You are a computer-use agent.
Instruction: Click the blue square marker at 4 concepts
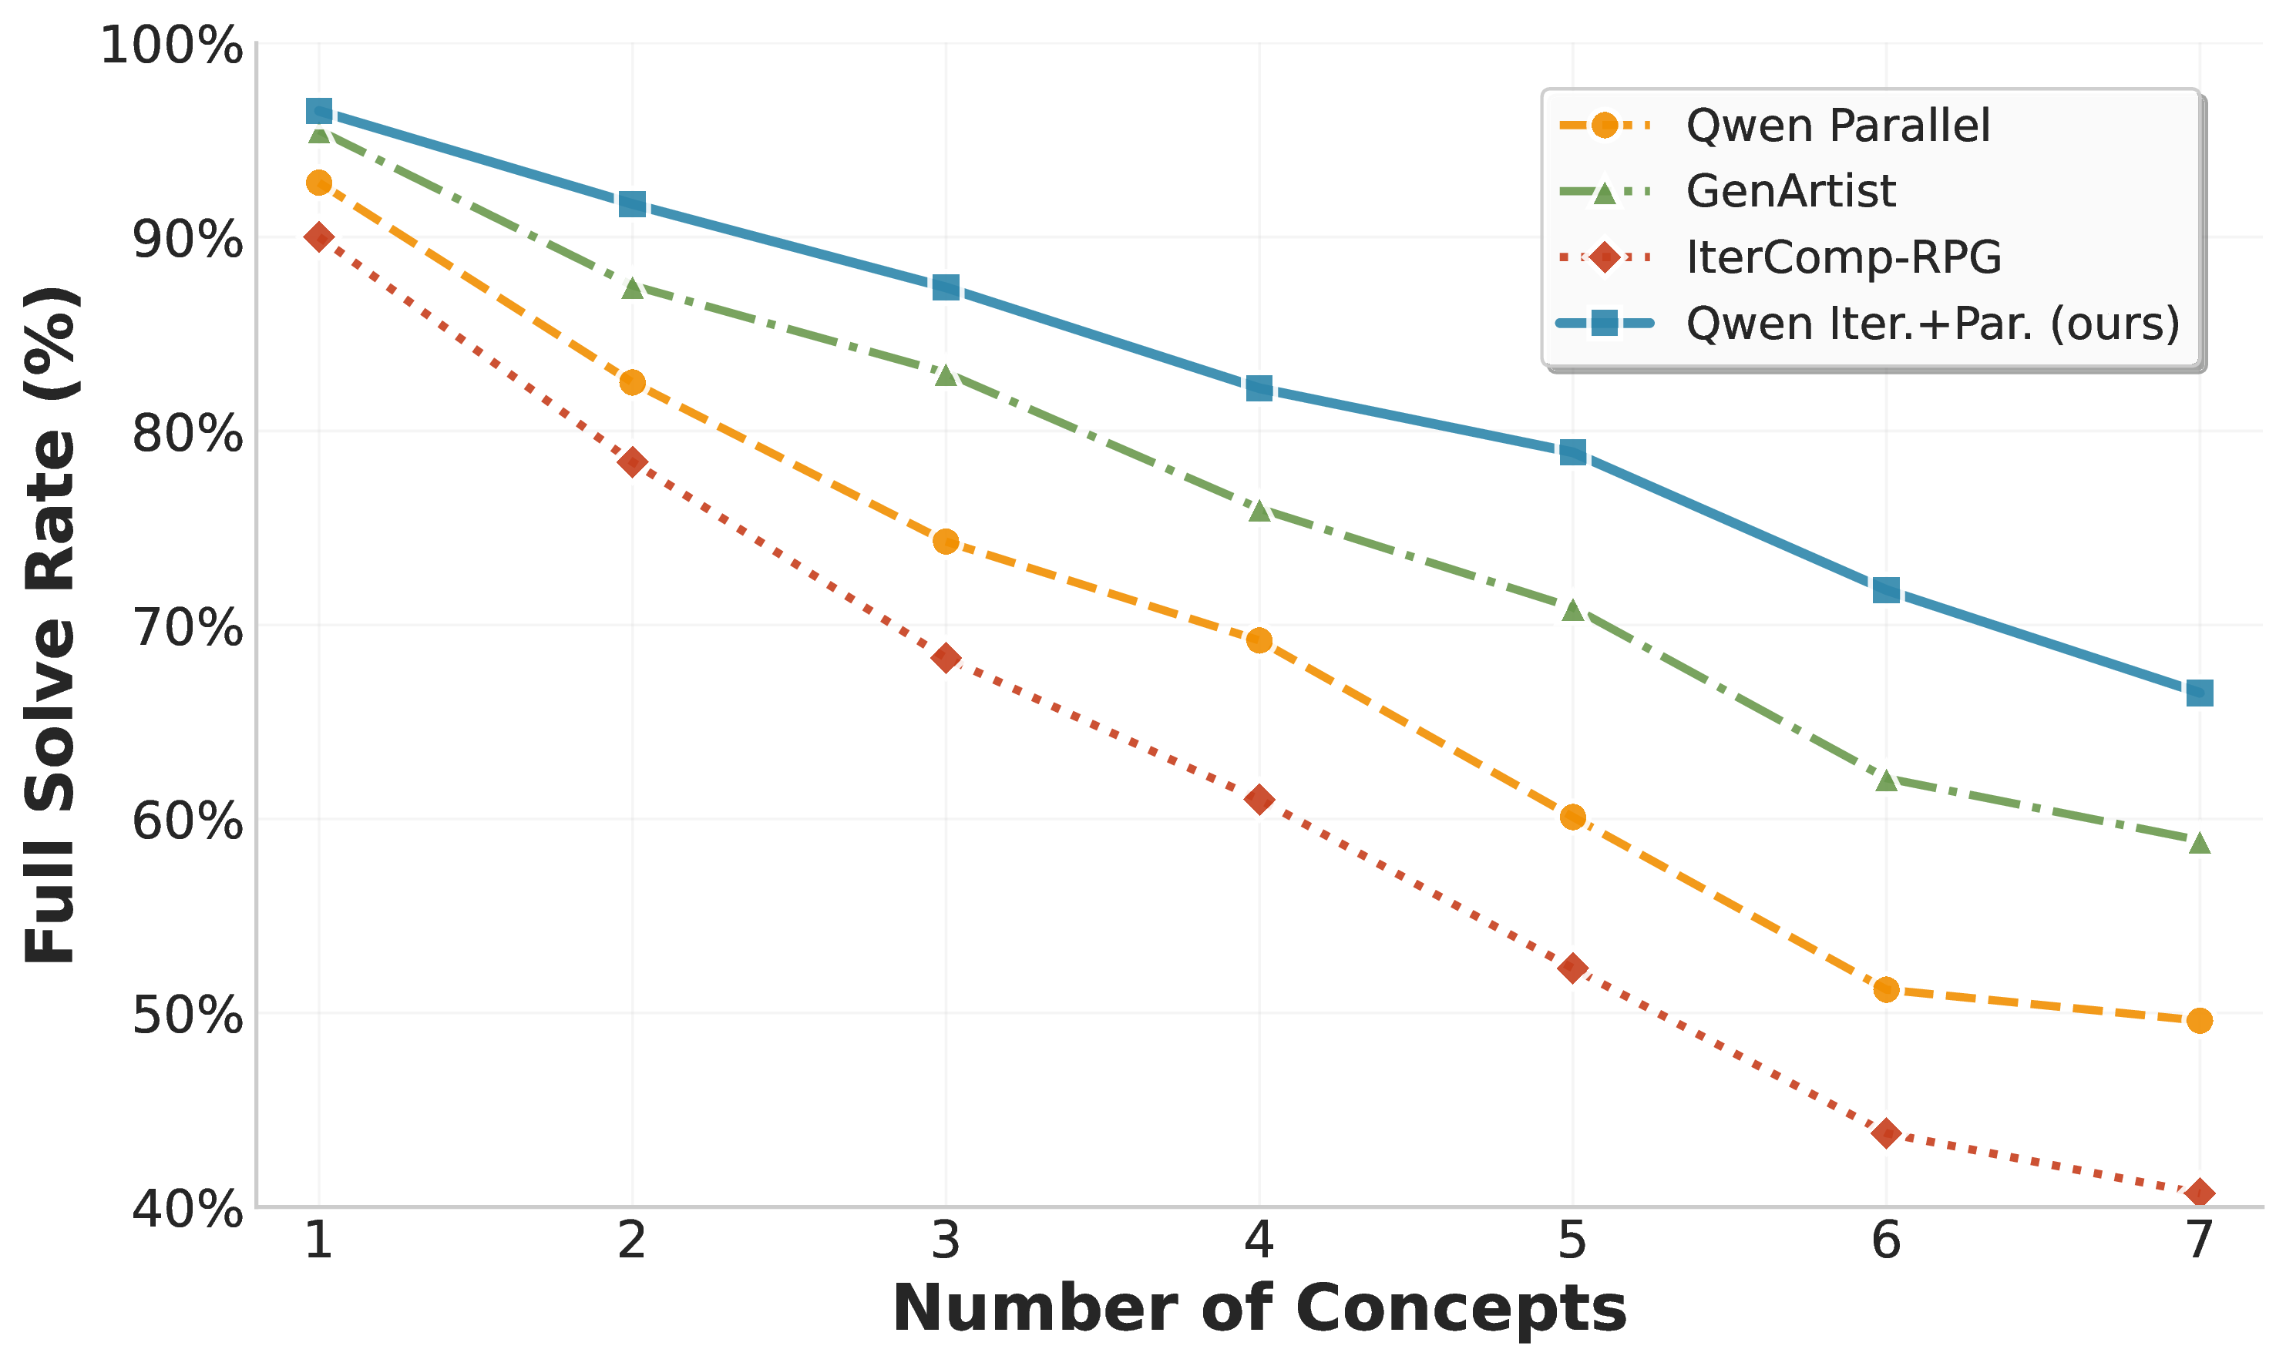pos(1259,388)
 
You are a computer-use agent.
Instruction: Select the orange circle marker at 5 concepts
pos(1572,817)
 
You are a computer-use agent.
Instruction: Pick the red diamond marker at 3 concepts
pos(946,657)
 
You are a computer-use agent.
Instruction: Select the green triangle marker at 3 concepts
pos(946,374)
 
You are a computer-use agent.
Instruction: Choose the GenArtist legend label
pos(1790,192)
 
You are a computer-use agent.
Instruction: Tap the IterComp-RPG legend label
pos(1843,258)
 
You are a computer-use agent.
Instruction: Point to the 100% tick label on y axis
pos(171,46)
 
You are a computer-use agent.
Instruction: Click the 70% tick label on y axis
pos(187,628)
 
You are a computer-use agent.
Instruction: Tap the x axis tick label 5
pos(1572,1241)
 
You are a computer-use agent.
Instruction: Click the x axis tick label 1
pos(318,1241)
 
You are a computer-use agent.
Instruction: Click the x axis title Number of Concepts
pos(1259,1308)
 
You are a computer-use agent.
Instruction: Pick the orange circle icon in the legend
pos(1604,125)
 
